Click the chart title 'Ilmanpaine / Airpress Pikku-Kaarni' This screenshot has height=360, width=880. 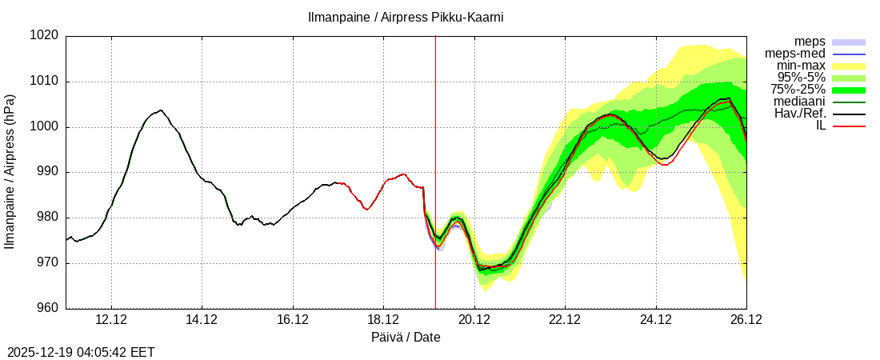(x=406, y=17)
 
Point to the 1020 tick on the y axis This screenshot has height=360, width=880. (x=45, y=36)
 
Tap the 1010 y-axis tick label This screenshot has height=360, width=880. (x=45, y=82)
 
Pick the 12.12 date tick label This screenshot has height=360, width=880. (x=111, y=321)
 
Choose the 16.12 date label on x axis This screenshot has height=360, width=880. (x=293, y=321)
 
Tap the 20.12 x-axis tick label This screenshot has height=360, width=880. (x=474, y=321)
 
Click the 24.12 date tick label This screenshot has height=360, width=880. (x=656, y=321)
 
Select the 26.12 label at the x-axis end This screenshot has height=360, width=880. (x=746, y=321)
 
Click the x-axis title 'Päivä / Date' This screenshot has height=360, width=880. (x=406, y=338)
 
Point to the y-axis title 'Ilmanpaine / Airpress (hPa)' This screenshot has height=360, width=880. (x=10, y=172)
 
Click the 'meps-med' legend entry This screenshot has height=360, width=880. (x=795, y=53)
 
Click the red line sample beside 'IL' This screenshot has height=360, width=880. (x=849, y=126)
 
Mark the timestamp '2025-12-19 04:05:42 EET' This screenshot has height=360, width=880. (x=81, y=352)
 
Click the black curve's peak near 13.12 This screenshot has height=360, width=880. (x=161, y=110)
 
